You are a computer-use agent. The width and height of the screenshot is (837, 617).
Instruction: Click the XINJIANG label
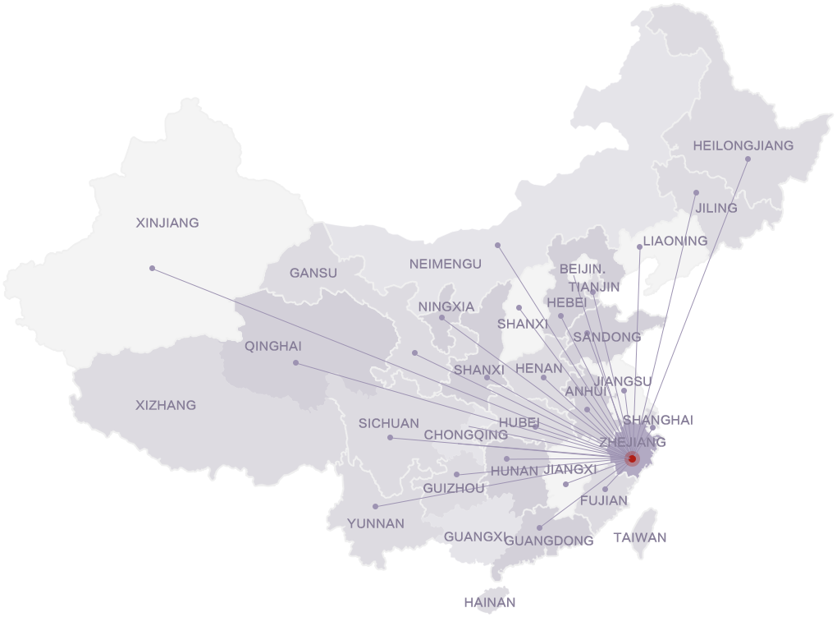pos(167,223)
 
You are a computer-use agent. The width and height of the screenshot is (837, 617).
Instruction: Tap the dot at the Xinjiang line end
pos(152,268)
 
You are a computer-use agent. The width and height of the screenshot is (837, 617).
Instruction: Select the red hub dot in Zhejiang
pos(631,458)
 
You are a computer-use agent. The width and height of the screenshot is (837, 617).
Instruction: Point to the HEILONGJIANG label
pos(743,145)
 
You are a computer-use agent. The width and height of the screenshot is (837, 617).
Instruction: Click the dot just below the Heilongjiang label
pos(748,159)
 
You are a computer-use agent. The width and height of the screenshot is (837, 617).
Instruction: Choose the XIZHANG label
pos(166,405)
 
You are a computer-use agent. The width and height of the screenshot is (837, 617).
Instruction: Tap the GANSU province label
pos(313,273)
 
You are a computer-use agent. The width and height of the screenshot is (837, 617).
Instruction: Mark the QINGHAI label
pos(273,347)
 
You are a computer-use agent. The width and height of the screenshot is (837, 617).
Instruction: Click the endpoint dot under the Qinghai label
pos(295,362)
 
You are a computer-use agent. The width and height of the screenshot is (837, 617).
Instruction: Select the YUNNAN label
pos(376,523)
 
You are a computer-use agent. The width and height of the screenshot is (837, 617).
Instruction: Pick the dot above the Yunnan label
pos(375,506)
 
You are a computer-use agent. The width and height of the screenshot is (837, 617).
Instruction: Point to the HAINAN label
pos(489,602)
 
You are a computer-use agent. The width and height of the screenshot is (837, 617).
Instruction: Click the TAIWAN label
pos(640,537)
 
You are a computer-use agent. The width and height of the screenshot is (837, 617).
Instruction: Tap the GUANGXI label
pos(474,537)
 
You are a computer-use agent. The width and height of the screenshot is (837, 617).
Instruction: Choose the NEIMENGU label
pos(446,264)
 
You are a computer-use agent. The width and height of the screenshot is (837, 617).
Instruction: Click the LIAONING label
pos(675,241)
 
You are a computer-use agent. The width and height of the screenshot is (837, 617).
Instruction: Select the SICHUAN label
pos(388,424)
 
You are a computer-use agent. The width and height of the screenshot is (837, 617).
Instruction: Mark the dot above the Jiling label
pos(696,193)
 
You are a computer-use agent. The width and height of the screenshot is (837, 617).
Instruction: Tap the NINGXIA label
pos(446,306)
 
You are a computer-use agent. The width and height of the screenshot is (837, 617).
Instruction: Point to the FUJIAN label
pos(604,500)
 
